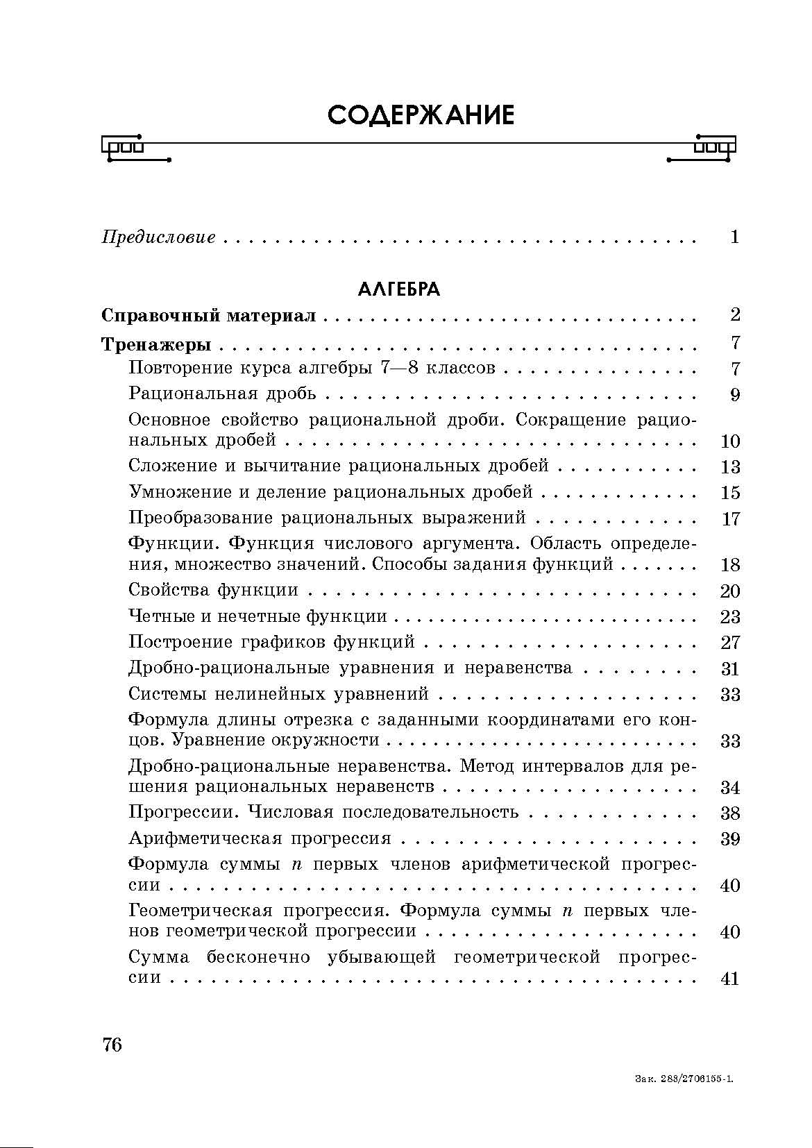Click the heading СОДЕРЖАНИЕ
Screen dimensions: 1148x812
[421, 115]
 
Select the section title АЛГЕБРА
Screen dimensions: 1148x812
[399, 289]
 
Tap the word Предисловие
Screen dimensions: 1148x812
[158, 238]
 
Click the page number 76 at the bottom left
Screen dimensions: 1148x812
[112, 1045]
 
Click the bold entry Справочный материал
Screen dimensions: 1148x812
[208, 316]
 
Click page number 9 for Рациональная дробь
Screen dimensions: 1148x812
[735, 396]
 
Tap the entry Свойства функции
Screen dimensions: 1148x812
[214, 591]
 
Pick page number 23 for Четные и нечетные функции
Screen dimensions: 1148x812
[730, 617]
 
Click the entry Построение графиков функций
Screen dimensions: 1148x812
[272, 643]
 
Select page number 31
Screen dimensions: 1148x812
[730, 669]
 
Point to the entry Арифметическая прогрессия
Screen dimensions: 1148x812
[260, 839]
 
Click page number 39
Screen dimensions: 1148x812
[730, 840]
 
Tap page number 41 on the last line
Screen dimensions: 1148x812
[730, 979]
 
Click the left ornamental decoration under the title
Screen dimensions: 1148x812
[135, 148]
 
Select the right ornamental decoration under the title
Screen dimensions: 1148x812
[701, 148]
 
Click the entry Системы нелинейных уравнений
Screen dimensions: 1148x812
[279, 695]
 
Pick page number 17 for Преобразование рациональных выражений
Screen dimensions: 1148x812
[730, 519]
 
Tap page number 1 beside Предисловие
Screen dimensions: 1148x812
[735, 237]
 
